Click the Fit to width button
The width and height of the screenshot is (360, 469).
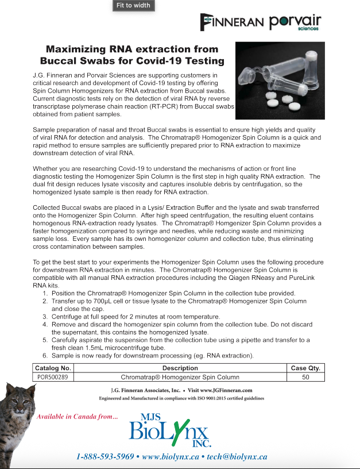click(133, 6)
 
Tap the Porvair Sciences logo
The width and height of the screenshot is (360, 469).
click(295, 22)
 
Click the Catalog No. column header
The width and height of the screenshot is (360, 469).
click(53, 368)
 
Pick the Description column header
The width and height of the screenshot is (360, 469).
click(180, 368)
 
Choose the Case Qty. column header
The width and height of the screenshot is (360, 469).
click(306, 368)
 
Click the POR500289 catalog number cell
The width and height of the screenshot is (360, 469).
click(53, 377)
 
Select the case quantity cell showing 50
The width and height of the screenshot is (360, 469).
click(306, 377)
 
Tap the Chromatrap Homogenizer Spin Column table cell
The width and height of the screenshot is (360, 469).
click(180, 377)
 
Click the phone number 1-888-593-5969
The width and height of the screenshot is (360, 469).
click(105, 457)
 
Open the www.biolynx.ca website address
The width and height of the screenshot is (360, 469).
click(170, 457)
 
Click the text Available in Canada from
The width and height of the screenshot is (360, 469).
click(78, 417)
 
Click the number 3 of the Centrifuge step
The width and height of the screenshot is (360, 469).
click(45, 317)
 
